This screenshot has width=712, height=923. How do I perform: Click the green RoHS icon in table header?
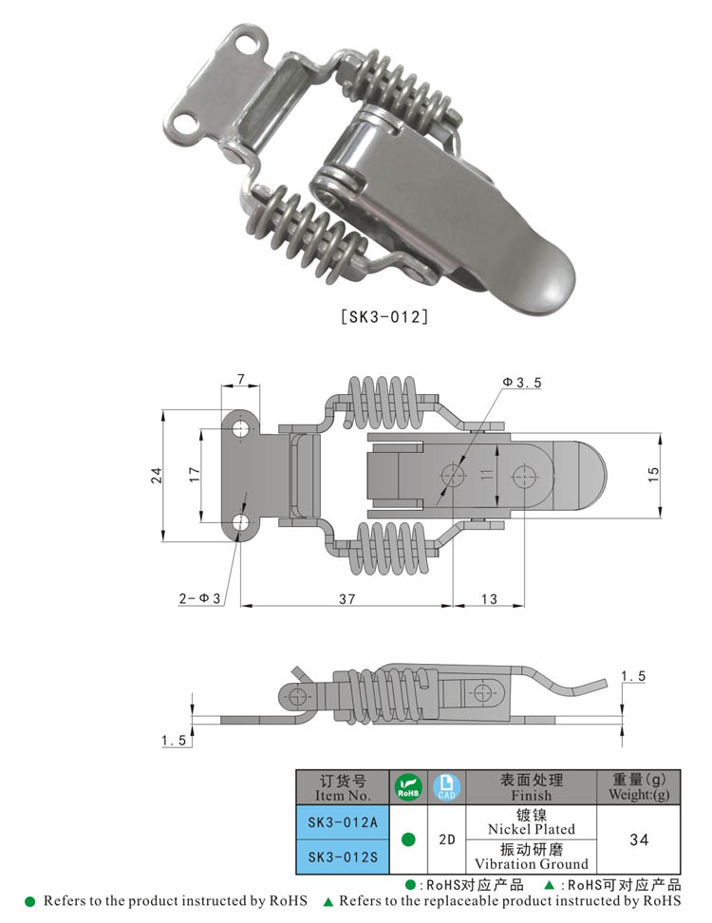tap(407, 787)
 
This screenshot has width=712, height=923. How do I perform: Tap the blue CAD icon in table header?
tap(446, 787)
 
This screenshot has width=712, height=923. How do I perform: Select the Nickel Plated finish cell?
tap(531, 822)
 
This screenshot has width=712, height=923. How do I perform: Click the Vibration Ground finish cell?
tap(531, 857)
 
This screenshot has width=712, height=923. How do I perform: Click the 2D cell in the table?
tap(446, 839)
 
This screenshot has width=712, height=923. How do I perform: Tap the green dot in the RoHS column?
tap(408, 839)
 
